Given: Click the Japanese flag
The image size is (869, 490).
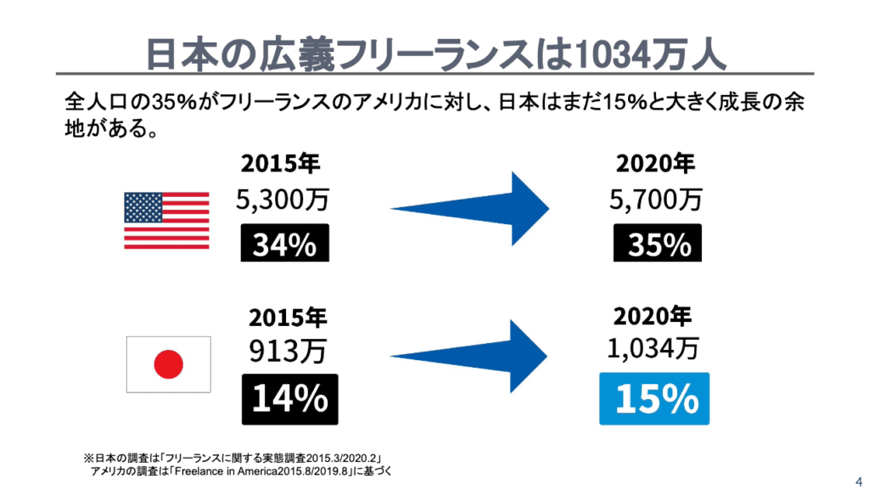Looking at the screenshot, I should coord(168,364).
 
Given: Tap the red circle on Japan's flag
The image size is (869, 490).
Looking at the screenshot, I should coord(168,365).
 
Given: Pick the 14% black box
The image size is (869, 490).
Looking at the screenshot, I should coord(289,398).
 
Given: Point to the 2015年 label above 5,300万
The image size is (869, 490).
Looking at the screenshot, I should coord(281,163).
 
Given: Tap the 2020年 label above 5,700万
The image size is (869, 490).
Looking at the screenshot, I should coord(654,163).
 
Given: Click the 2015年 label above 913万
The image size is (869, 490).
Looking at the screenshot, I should coord(288,318).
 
